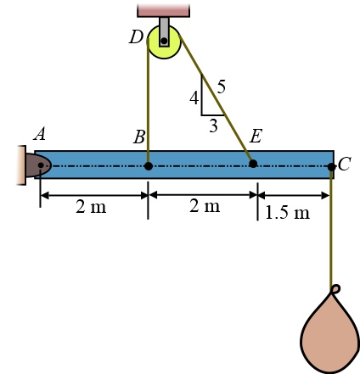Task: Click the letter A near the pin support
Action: pos(39,135)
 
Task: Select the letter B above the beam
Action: pos(139,137)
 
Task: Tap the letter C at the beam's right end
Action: pos(344,165)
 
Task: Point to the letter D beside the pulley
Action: pos(136,37)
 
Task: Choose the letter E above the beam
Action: pos(256,137)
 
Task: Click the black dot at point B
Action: pos(149,165)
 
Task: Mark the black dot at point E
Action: pos(253,164)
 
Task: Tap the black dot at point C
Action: pos(331,165)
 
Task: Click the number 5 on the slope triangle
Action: pos(221,86)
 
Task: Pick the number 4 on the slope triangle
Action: pos(194,98)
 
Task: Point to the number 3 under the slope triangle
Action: pos(213,125)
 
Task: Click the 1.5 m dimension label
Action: pos(287,212)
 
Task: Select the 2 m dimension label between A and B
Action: pos(92,207)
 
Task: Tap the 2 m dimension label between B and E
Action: pos(204,207)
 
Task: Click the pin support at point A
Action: pos(34,165)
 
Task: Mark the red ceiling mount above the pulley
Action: pos(163,9)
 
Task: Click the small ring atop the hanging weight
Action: pos(336,289)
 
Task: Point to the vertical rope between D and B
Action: pos(149,110)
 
